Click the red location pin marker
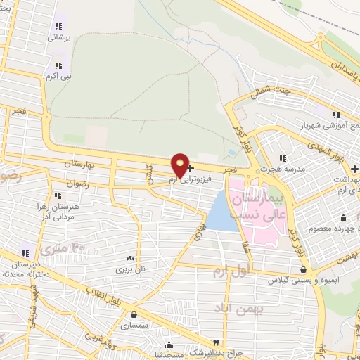point(180,166)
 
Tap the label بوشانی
point(56,39)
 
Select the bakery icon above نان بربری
point(129,258)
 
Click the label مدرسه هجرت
point(278,169)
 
